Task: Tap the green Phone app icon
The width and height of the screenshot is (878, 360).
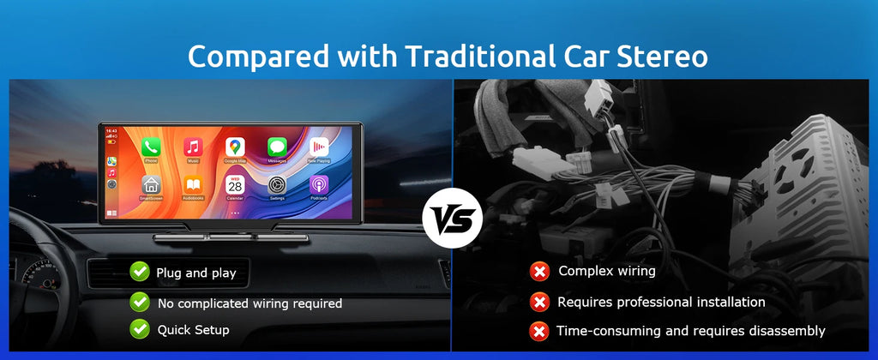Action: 151,147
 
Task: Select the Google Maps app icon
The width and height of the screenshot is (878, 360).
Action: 235,147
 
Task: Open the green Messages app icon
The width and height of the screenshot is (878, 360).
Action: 277,147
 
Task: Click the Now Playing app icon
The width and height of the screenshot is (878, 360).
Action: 319,147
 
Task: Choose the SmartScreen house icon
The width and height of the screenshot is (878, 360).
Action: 151,184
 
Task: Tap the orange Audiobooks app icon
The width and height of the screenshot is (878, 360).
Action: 193,184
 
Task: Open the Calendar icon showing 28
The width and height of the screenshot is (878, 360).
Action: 235,184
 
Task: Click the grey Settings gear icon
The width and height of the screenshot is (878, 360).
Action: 277,184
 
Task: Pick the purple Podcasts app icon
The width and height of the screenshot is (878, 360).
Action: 319,184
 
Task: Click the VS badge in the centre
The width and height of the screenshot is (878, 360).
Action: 452,219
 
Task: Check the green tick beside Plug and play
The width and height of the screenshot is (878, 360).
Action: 140,273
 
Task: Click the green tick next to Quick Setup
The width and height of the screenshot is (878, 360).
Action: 140,328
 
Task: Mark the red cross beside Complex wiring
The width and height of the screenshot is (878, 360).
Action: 539,273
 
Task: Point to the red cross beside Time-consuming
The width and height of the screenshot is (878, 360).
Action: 539,330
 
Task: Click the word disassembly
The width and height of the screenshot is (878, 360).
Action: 785,330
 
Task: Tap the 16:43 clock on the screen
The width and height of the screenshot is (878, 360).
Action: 111,131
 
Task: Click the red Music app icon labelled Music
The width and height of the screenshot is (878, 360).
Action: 193,147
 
